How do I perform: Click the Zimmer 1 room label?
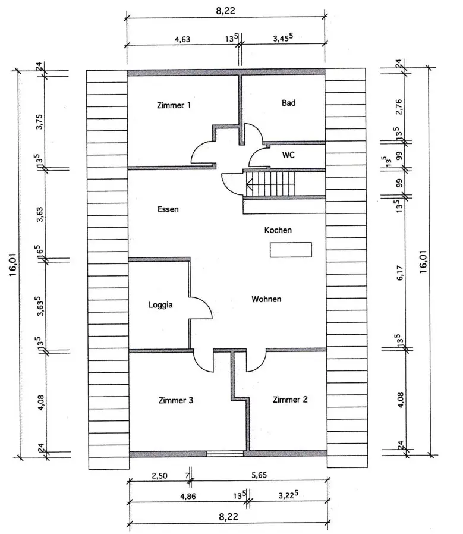click(174, 106)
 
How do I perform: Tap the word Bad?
click(288, 103)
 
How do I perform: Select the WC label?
click(288, 154)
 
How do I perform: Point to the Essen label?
click(168, 209)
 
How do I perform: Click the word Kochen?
click(278, 230)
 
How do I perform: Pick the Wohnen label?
click(266, 299)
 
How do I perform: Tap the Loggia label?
click(160, 305)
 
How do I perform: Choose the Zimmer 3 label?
click(176, 400)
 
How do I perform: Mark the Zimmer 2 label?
click(290, 400)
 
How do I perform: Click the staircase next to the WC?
click(270, 184)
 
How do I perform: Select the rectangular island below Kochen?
click(291, 250)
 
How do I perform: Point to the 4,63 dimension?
click(182, 39)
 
